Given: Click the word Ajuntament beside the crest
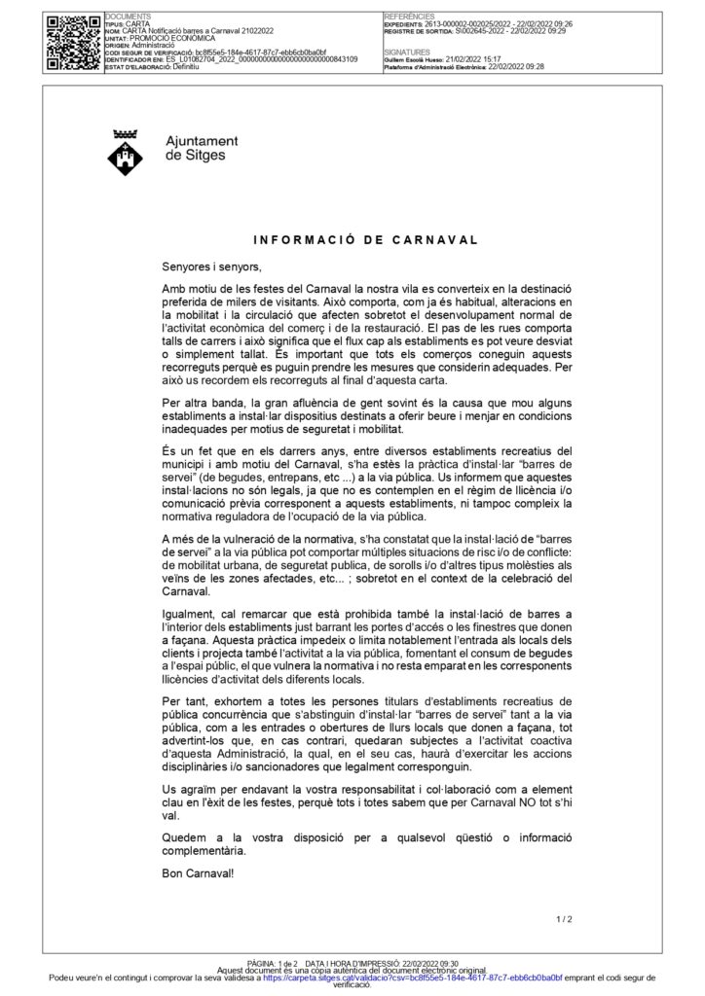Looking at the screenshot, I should [203, 141].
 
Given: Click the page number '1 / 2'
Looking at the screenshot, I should [564, 918].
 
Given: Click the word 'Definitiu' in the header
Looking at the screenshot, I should [182, 66].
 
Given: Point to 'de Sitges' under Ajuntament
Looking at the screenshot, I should [195, 155].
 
